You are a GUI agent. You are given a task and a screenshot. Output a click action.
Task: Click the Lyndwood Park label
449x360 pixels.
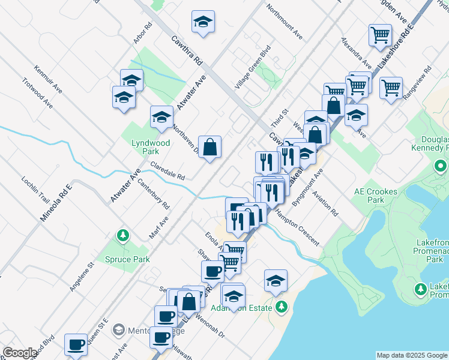(151, 148)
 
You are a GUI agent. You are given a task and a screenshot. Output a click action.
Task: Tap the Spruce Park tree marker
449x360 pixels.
(123, 235)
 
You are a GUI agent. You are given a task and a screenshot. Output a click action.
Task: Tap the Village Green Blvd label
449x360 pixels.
(253, 67)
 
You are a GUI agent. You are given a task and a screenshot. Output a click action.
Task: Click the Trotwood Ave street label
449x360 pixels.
(37, 92)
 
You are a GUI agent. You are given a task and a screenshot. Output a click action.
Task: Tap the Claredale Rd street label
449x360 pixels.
(167, 171)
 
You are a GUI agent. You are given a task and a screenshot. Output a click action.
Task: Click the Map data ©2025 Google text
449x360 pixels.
(411, 355)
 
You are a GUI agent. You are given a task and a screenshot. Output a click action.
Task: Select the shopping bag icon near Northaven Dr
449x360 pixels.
(209, 148)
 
